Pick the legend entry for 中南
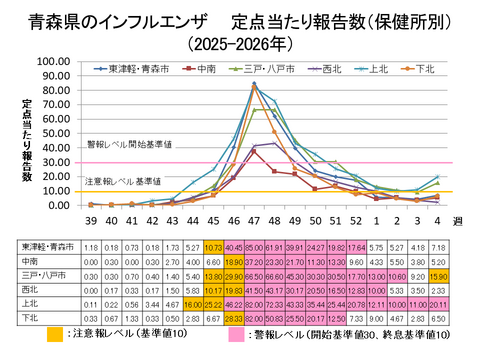click(x=201, y=69)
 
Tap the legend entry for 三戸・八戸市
click(x=260, y=69)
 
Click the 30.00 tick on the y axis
click(x=52, y=162)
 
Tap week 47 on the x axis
click(x=254, y=220)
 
